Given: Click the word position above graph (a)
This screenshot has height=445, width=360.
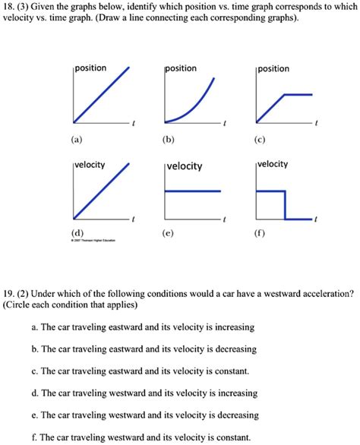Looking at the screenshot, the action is tap(90, 68).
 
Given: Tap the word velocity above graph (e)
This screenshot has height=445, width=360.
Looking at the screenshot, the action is tap(185, 166).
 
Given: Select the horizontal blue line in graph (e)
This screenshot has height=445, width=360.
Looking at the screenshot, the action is tap(194, 191).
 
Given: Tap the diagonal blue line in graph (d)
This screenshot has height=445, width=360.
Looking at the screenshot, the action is tap(101, 190).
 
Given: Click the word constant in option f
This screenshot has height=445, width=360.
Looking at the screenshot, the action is tap(229, 437).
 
